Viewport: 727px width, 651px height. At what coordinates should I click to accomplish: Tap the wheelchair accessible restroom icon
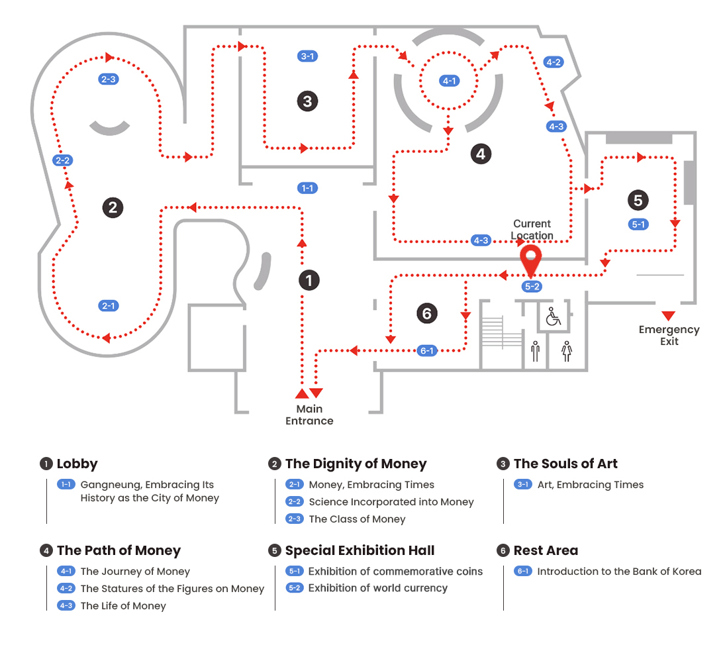pos(553,317)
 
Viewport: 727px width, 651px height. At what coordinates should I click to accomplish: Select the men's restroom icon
pos(535,350)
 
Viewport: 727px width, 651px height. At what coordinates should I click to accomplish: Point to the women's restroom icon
pos(566,350)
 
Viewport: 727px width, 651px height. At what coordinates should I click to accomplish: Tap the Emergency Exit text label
pos(669,335)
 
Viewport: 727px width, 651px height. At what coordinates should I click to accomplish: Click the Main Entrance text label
pos(309,415)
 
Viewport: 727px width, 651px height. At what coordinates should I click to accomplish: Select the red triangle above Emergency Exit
pos(668,315)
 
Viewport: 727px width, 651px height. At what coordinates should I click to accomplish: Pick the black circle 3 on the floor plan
pos(307,101)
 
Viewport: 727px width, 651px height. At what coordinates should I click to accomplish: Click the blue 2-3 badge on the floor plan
pos(108,79)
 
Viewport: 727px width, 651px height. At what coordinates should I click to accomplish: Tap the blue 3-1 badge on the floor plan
pos(307,56)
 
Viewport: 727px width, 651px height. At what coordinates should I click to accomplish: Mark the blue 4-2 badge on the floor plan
pos(553,62)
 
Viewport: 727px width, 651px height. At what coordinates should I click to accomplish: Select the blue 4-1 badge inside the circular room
pos(450,81)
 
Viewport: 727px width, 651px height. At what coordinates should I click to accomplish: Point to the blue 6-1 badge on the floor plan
pos(427,350)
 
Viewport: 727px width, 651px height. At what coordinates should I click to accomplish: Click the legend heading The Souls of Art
pos(565,464)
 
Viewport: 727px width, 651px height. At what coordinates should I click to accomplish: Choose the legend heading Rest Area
pos(546,550)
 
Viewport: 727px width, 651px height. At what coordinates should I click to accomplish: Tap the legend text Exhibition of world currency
pos(377,588)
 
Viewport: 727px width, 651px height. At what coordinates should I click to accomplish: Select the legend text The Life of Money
pos(123,605)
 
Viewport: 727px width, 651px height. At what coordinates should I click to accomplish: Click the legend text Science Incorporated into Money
pos(391,502)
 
